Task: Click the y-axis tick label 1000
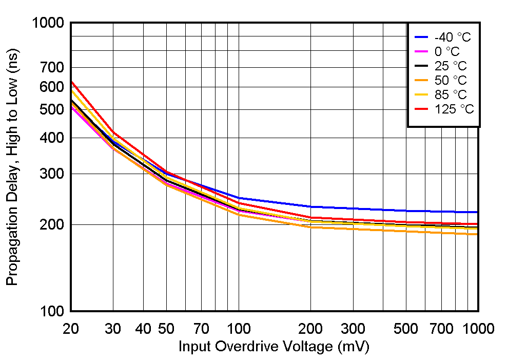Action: pyautogui.click(x=47, y=24)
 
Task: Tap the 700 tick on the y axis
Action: pyautogui.click(x=51, y=67)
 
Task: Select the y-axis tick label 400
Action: pyautogui.click(x=51, y=138)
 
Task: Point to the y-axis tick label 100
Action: pyautogui.click(x=51, y=311)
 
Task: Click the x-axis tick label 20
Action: pyautogui.click(x=70, y=329)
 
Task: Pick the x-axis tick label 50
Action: pyautogui.click(x=166, y=329)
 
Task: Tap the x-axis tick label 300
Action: pyautogui.click(x=353, y=329)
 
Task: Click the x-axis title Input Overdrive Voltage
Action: pyautogui.click(x=274, y=347)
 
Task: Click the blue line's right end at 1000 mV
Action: pyautogui.click(x=478, y=212)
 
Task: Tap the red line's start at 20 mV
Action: pyautogui.click(x=71, y=81)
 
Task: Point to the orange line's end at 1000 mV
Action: pyautogui.click(x=478, y=234)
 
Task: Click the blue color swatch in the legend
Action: pyautogui.click(x=421, y=37)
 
